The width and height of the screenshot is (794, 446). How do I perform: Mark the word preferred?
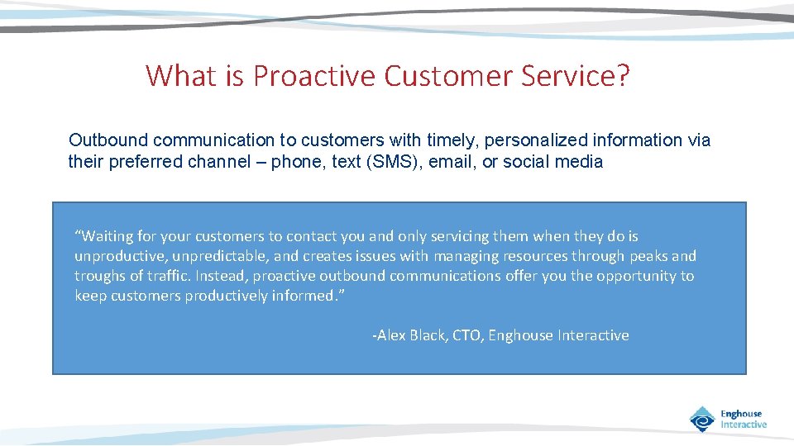click(142, 162)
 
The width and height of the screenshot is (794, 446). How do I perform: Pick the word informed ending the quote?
click(306, 296)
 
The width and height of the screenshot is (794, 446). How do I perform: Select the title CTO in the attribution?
click(467, 335)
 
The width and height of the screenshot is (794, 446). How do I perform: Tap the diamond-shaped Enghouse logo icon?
click(702, 420)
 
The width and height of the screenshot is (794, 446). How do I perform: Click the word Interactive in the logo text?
click(744, 425)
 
